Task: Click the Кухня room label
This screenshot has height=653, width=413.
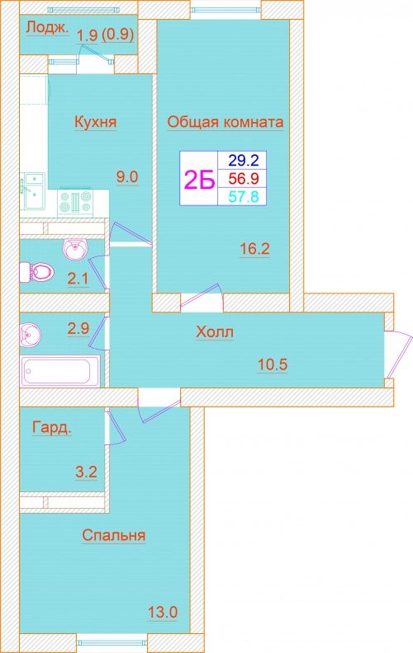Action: point(95,122)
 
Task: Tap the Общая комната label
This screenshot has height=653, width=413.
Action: point(225,122)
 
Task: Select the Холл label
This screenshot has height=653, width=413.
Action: point(215,332)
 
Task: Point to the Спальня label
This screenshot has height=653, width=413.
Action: point(114,535)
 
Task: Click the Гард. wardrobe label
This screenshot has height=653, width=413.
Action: point(52,428)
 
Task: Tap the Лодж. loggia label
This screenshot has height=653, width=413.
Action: point(47,28)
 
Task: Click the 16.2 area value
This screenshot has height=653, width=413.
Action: point(254,249)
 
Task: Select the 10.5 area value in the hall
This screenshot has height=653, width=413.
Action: point(273,364)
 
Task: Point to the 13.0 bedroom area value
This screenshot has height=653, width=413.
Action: point(163,612)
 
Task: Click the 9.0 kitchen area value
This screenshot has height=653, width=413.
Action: point(127,177)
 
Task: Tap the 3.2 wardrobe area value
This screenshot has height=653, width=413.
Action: point(87,472)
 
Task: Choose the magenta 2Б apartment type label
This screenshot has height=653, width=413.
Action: point(199,180)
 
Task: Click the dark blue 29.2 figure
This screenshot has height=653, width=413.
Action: point(244,159)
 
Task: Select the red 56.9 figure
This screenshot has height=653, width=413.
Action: point(244,179)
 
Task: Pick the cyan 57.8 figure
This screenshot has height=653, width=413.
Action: point(244,196)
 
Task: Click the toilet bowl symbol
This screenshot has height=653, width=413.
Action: point(36,271)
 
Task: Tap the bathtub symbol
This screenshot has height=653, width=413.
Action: point(59,371)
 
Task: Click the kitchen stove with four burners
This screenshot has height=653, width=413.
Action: point(75,201)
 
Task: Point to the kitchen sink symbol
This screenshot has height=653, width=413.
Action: point(33,192)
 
